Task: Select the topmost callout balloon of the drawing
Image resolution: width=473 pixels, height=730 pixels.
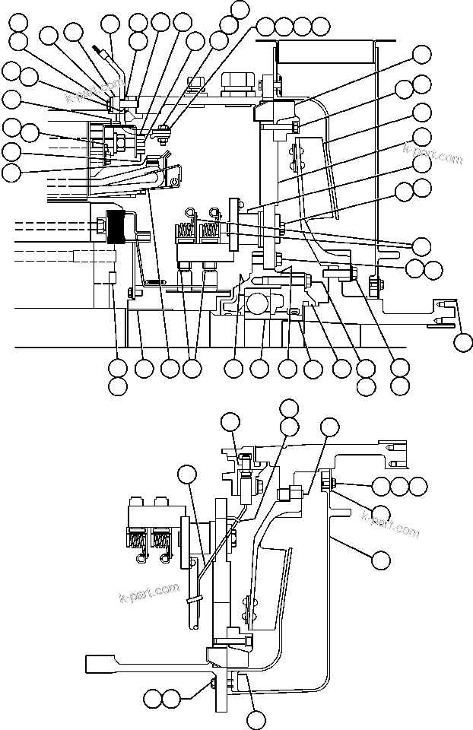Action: pyautogui.click(x=240, y=9)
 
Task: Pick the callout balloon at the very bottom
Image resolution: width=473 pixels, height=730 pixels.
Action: pyautogui.click(x=257, y=717)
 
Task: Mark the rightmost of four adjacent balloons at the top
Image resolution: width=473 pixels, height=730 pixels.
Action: pyautogui.click(x=321, y=27)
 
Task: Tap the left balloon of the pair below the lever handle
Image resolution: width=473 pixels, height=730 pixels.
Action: pyautogui.click(x=153, y=697)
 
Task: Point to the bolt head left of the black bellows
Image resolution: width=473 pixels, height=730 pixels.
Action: pyautogui.click(x=101, y=225)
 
